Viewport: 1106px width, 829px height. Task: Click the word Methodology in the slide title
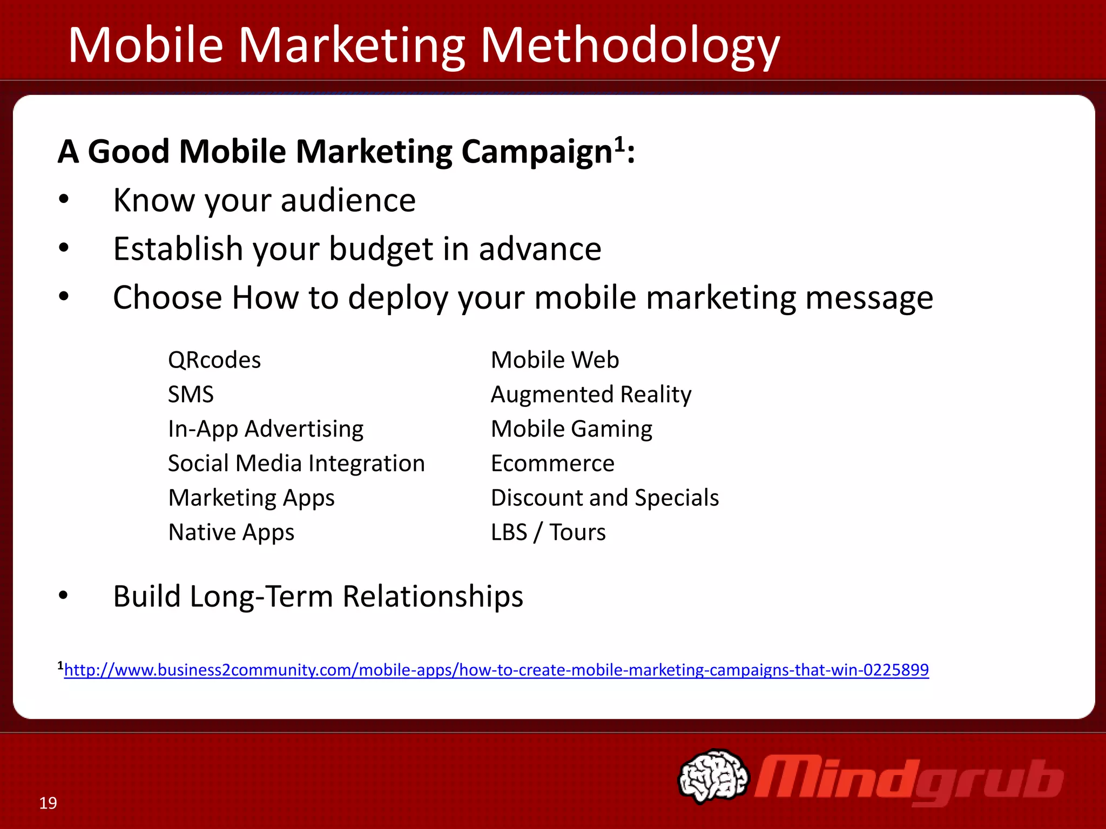(x=630, y=46)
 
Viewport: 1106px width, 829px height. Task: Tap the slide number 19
(x=48, y=803)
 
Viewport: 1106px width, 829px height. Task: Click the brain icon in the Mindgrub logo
(x=713, y=776)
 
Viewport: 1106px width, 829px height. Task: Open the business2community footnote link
(x=496, y=670)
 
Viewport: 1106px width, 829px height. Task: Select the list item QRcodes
(x=214, y=360)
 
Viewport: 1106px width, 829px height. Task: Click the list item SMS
(x=191, y=395)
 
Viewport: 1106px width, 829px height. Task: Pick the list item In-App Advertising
(x=266, y=429)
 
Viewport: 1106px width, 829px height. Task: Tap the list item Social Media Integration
(x=296, y=464)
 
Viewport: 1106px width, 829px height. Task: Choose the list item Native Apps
(x=231, y=532)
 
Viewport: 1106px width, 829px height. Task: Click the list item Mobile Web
(x=555, y=360)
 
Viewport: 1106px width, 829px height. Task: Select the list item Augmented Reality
(x=591, y=395)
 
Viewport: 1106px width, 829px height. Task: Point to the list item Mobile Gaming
(x=571, y=429)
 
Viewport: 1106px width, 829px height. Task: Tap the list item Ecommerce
(x=552, y=464)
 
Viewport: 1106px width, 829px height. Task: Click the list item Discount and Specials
(x=605, y=498)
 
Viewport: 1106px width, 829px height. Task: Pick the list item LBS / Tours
(x=548, y=532)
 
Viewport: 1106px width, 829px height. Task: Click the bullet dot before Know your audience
(x=64, y=200)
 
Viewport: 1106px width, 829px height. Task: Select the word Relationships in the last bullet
(x=433, y=596)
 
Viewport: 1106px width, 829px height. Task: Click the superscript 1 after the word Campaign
(x=619, y=144)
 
